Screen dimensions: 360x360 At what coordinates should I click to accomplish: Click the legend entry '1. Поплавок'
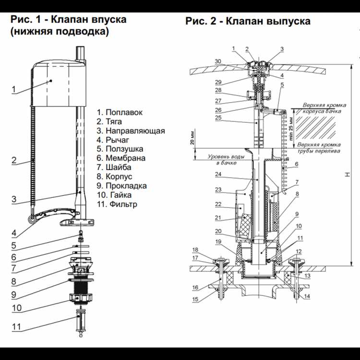pyautogui.click(x=120, y=112)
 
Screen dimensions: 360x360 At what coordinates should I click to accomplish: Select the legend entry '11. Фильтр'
pyautogui.click(x=117, y=204)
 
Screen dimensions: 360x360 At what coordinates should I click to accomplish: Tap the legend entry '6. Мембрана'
pyautogui.click(x=120, y=158)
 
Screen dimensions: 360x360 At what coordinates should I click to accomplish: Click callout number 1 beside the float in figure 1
pyautogui.click(x=14, y=89)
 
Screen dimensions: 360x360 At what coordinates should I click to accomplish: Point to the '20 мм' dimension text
pyautogui.click(x=192, y=137)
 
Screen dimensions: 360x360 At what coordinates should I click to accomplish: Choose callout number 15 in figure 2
pyautogui.click(x=195, y=300)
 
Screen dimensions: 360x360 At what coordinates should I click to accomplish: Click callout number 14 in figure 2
pyautogui.click(x=307, y=296)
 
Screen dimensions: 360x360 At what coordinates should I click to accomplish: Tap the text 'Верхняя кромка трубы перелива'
pyautogui.click(x=319, y=147)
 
